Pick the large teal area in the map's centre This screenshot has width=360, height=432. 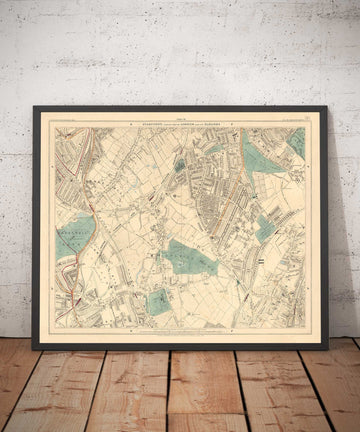[191, 257]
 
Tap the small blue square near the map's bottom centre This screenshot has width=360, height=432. [158, 301]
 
